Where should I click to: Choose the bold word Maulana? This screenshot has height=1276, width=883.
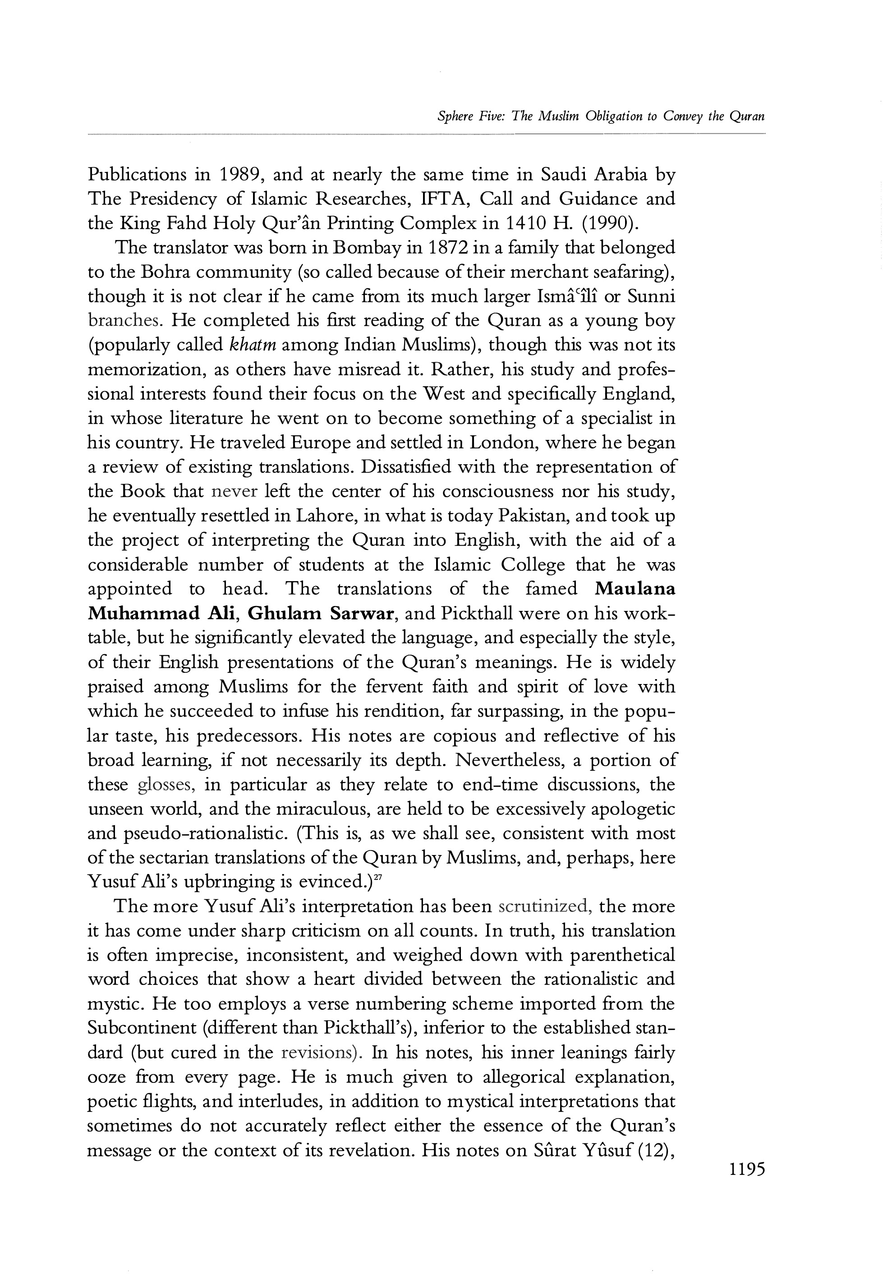[x=635, y=588]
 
